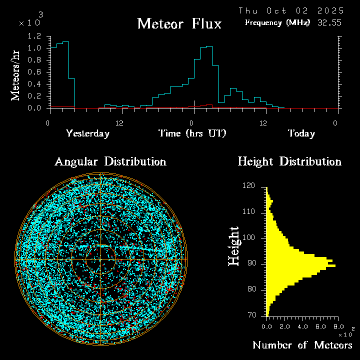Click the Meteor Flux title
click(x=179, y=23)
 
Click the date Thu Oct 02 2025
click(x=291, y=10)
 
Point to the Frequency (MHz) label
click(x=277, y=22)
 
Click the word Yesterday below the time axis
click(x=87, y=133)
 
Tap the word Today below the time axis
click(x=301, y=133)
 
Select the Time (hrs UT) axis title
click(x=192, y=133)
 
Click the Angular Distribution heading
click(x=110, y=161)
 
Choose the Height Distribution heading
click(x=289, y=161)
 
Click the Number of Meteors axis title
click(x=302, y=345)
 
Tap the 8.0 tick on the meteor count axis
click(x=338, y=326)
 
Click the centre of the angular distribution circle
click(x=101, y=260)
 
